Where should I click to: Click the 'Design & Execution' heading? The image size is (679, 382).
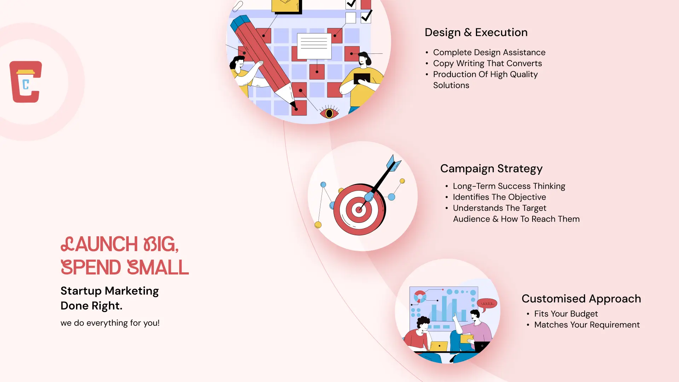click(476, 33)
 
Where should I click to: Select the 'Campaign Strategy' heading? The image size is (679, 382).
click(491, 169)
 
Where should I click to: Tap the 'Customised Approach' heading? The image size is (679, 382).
click(581, 299)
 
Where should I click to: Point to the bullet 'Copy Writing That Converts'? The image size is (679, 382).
click(487, 64)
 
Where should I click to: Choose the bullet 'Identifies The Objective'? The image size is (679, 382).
click(499, 197)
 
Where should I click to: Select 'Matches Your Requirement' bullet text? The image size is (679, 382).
click(587, 325)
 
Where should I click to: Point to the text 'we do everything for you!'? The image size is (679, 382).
click(110, 323)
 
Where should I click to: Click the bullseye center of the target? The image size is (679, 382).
click(359, 210)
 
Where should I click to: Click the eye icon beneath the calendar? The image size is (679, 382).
click(329, 113)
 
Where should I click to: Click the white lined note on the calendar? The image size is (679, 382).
click(314, 46)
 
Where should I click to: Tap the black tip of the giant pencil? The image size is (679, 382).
click(293, 105)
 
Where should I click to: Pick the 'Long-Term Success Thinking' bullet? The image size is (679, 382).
click(509, 186)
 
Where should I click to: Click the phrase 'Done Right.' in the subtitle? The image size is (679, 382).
click(91, 306)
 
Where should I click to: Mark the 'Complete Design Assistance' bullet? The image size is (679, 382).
click(489, 53)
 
